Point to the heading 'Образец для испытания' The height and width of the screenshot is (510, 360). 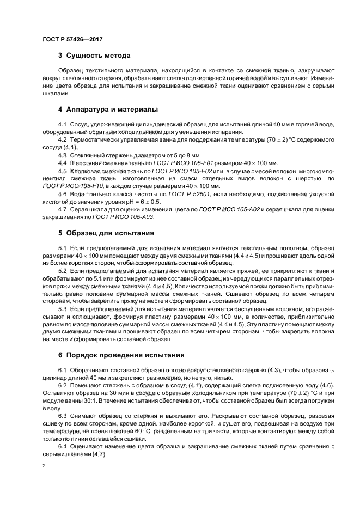[110, 233]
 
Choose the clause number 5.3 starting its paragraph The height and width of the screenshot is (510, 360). [63, 309]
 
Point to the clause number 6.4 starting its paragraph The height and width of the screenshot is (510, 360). [63, 447]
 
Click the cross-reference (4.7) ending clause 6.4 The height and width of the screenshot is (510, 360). [99, 454]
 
